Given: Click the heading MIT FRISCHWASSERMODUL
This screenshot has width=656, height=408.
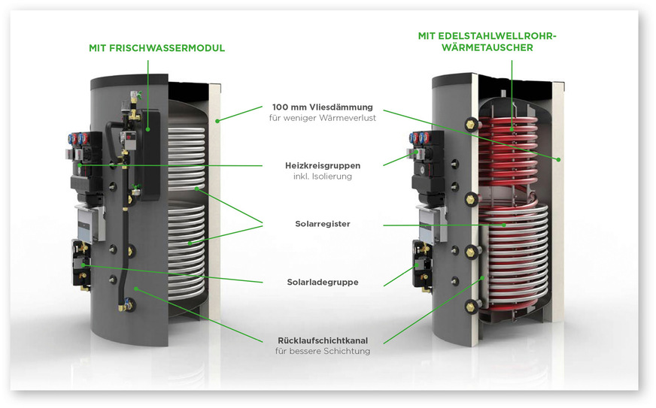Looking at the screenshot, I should coord(156,48).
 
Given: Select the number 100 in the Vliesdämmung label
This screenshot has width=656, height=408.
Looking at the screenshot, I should coord(281,107).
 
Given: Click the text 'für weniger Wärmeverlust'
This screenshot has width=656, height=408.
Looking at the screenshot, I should coord(322,119).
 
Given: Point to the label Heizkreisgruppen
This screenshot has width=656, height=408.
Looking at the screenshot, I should coord(322,165).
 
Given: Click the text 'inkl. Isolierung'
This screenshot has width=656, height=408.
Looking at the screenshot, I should coord(322,177).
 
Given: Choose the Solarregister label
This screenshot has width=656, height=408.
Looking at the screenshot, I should coord(322,223).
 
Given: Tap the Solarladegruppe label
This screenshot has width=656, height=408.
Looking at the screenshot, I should coord(322,282).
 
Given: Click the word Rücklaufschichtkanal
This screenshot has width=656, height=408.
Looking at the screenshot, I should coord(322,340).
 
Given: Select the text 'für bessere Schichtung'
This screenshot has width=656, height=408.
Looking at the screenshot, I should coord(322,352).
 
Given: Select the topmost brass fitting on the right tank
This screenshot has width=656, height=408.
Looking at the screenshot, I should coord(472,123).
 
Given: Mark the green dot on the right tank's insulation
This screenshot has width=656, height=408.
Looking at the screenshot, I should coord(559,159).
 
